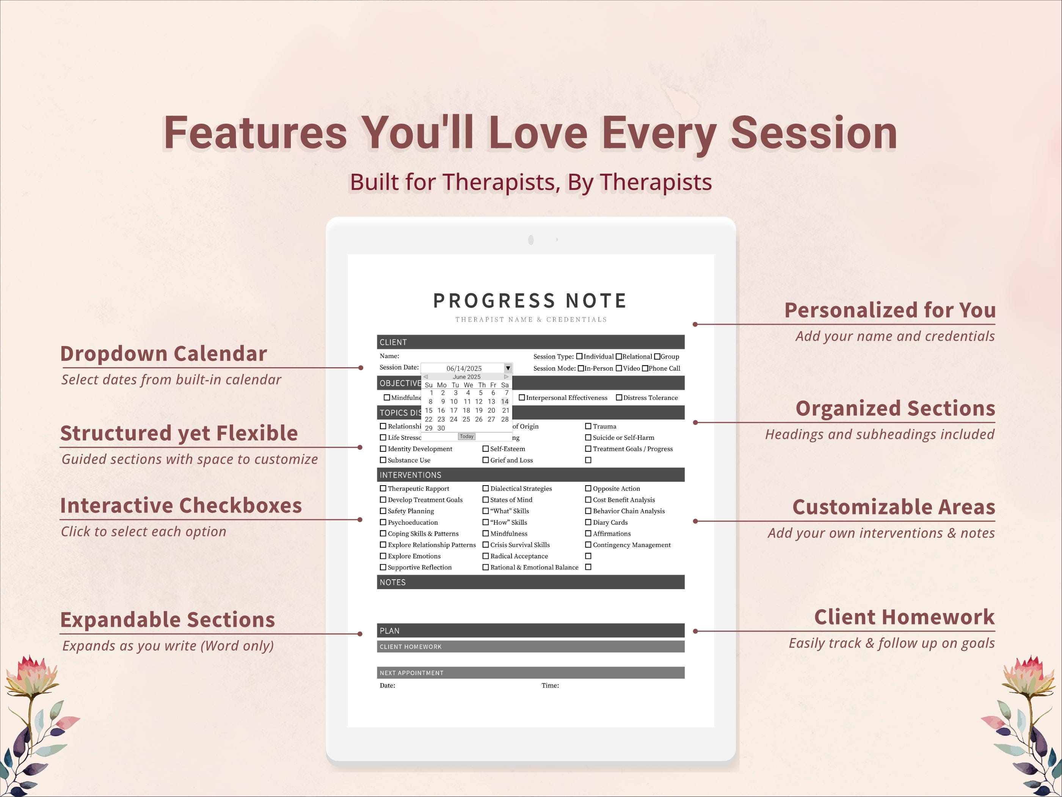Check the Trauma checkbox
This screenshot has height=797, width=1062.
tap(588, 426)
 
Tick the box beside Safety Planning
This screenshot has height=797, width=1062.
tap(383, 511)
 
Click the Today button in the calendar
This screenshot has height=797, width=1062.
tap(467, 436)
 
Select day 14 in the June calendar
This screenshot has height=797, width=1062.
tap(505, 402)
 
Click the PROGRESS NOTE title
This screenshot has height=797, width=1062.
tap(530, 301)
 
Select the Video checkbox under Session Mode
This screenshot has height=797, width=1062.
tap(619, 368)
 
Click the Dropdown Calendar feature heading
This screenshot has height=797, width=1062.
tap(164, 354)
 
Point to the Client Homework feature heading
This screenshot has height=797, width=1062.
tap(904, 617)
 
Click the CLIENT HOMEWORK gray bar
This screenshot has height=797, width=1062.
tap(530, 647)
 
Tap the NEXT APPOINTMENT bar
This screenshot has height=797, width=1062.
tap(530, 673)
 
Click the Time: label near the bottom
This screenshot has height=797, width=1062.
tap(550, 685)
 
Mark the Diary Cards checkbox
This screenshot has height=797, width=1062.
tap(588, 522)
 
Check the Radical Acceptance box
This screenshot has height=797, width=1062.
tap(485, 556)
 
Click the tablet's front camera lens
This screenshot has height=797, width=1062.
tap(531, 240)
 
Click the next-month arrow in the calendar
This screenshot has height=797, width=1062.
tap(507, 377)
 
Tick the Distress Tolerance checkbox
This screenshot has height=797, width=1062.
tap(619, 397)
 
